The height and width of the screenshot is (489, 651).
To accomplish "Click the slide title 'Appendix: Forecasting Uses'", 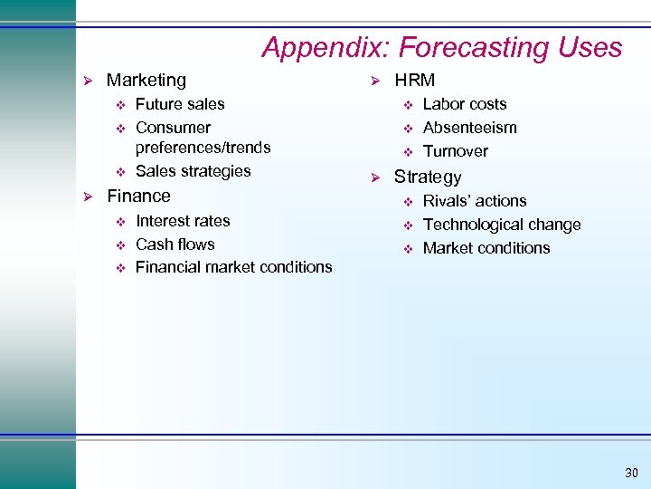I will coord(441,47).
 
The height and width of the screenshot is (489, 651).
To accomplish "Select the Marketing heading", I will coord(146,81).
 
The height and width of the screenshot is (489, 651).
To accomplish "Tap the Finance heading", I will coord(138,196).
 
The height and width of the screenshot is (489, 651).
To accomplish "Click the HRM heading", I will coord(414,81).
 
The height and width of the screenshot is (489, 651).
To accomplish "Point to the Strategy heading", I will coord(427,177).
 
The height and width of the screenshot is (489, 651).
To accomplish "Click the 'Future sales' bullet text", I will coord(180,104).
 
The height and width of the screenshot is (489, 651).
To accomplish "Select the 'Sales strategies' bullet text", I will coord(193,171).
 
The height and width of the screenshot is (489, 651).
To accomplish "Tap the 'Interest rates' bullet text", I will coord(183,221).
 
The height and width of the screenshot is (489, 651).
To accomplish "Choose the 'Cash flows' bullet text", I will coord(175,244).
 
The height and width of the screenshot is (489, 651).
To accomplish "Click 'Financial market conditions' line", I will coord(233,267).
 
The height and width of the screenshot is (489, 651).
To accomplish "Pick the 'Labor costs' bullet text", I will coord(465,104).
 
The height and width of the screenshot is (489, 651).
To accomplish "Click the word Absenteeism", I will coord(469,128).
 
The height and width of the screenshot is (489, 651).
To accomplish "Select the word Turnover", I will coord(455,151).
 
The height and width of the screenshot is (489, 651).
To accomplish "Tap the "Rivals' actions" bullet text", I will coord(475,201).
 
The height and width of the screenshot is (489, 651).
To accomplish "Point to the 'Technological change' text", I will coord(502,225).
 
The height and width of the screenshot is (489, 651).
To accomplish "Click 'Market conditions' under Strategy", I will coord(486,248).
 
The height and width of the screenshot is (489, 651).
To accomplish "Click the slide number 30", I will coord(630,473).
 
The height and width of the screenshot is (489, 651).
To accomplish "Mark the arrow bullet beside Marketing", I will coord(89,81).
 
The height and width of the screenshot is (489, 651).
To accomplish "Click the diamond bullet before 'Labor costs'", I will coord(407,104).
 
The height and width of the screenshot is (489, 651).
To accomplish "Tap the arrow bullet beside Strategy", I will coord(377,177).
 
